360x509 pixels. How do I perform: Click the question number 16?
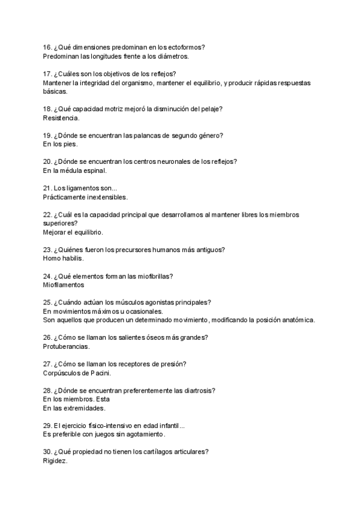pos(47,47)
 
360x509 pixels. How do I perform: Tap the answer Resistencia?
pos(62,118)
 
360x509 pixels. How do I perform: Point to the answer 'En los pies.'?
pos(61,144)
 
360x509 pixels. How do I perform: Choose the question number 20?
pos(47,161)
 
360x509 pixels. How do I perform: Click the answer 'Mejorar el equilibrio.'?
pos(73,232)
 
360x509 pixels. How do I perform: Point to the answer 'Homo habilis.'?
pos(64,259)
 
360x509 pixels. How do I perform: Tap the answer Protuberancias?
pos(67,347)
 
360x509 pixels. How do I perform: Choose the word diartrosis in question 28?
pos(193,391)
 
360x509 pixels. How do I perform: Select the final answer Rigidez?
pos(56,461)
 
